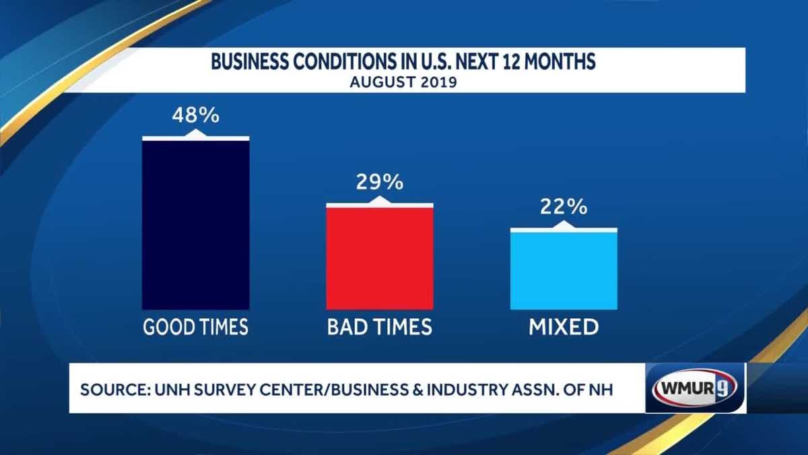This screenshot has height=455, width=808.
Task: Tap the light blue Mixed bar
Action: click(x=564, y=270)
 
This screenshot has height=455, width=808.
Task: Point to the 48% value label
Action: click(x=195, y=115)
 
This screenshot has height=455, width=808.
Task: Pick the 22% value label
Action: click(x=564, y=207)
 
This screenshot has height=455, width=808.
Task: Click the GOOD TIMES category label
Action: click(x=195, y=328)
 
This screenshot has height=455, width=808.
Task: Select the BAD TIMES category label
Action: click(x=380, y=328)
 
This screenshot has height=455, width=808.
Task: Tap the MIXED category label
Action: click(x=564, y=328)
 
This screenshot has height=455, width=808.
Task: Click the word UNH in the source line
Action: click(x=165, y=390)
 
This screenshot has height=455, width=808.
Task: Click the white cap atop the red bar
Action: click(x=380, y=204)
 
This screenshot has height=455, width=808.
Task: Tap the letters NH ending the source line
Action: click(x=603, y=390)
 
